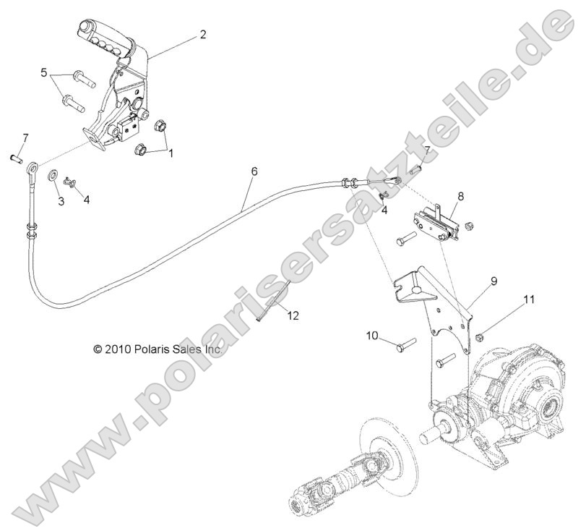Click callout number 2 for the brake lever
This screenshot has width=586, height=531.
[203, 34]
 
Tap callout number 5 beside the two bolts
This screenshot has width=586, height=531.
[44, 73]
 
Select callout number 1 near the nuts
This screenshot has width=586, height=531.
[171, 153]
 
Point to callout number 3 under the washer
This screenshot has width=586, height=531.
[61, 202]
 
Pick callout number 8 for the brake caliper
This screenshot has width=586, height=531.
[461, 195]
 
